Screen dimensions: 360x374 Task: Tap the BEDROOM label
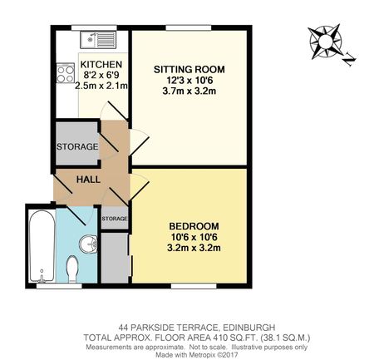point(194,225)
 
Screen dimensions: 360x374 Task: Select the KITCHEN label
point(101,64)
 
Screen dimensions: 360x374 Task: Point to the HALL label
point(89,179)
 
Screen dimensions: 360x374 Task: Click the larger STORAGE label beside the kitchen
point(77,147)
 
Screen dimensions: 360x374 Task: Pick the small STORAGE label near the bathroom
point(115,219)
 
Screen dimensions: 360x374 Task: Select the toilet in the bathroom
point(72,268)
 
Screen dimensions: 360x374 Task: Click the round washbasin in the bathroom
point(90,244)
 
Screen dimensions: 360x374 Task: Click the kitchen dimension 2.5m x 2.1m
point(101,86)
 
